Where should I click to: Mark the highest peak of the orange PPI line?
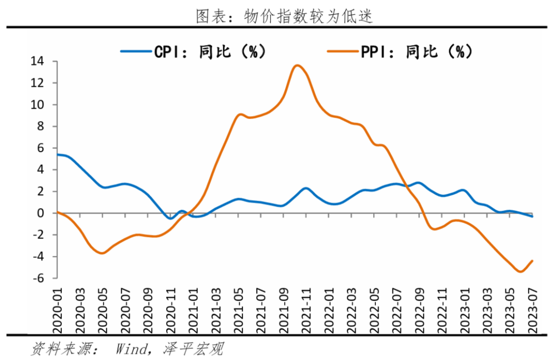click(x=297, y=66)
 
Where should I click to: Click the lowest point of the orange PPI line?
click(x=520, y=272)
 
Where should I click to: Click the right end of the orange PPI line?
click(x=533, y=261)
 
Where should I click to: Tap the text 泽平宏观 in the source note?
click(x=192, y=349)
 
